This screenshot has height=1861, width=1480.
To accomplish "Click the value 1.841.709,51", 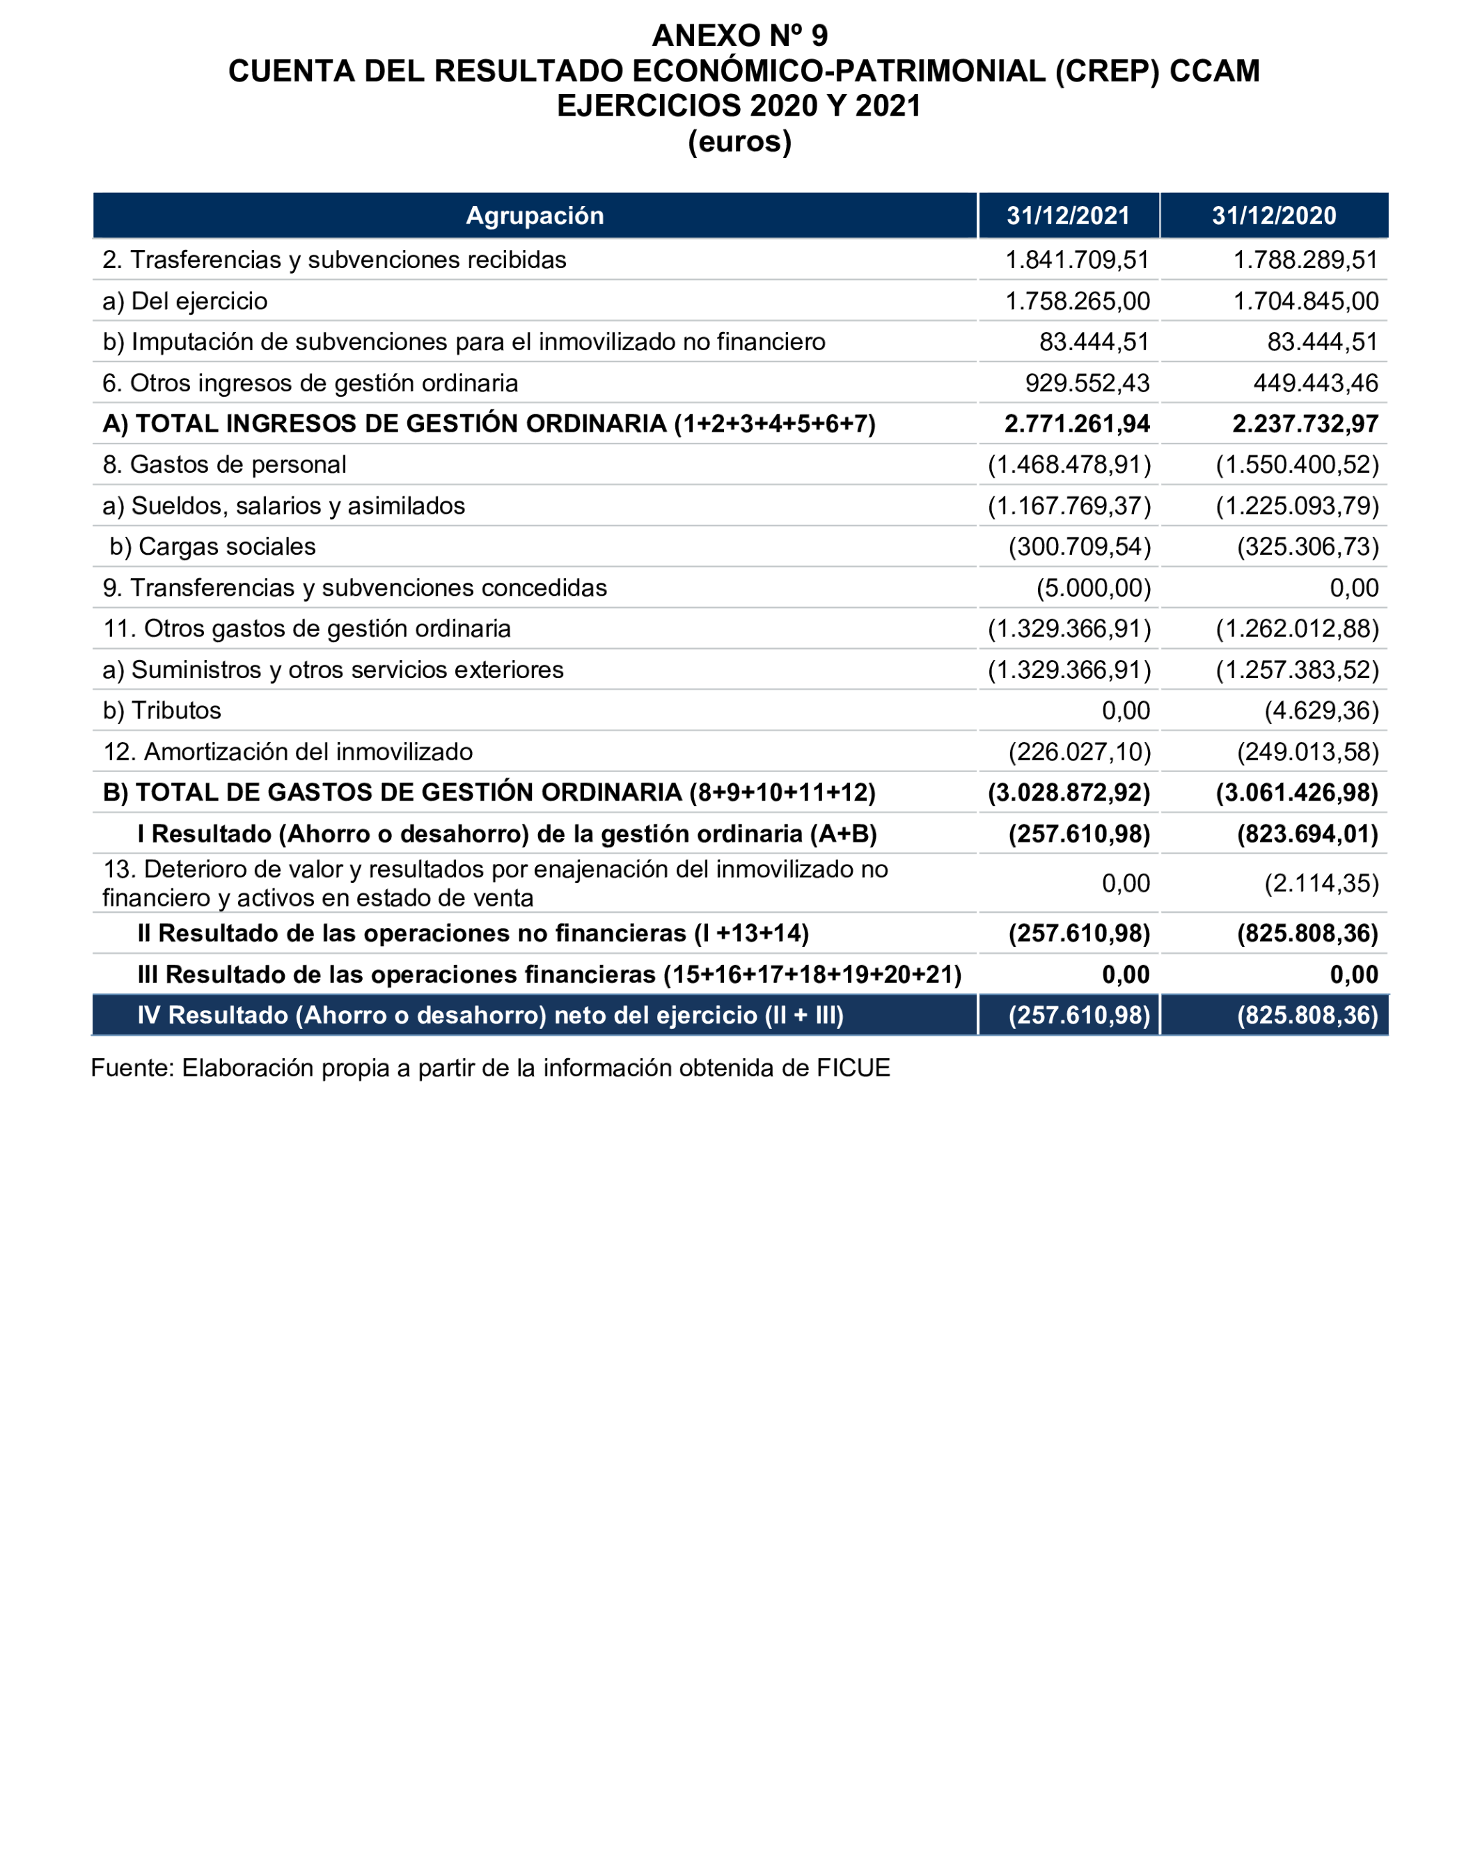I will (1077, 260).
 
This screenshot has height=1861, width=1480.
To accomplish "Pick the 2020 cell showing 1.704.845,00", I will (1305, 301).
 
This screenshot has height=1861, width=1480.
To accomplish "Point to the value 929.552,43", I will (1087, 383).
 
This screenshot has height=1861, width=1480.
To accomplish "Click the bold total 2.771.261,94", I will (1076, 424).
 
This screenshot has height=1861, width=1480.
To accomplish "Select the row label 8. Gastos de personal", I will (224, 465).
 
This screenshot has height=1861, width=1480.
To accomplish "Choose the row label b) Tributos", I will (162, 710).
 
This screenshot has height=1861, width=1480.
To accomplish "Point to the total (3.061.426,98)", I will (1296, 792).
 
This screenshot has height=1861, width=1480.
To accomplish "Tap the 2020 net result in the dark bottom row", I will (1307, 1015).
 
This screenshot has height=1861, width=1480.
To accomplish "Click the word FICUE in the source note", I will (853, 1069).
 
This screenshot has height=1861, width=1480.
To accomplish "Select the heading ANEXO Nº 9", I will (739, 36).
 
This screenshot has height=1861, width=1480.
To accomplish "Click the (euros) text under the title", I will (739, 141).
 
